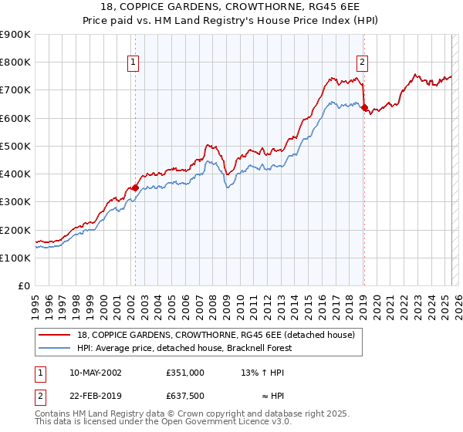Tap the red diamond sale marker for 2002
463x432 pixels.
coord(135,187)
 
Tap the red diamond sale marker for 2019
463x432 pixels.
coord(364,107)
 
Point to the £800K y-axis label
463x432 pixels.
coord(15,62)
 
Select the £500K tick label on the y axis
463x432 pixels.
coord(15,147)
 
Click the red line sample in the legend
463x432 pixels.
coord(54,335)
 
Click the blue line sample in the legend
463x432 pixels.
coord(54,348)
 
